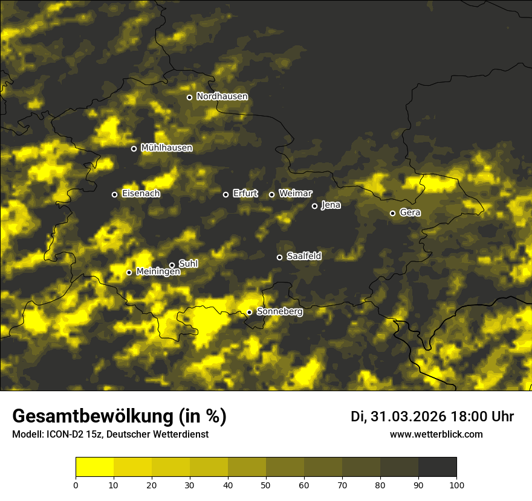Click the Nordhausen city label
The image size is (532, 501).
click(x=222, y=97)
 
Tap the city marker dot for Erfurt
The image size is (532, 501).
click(x=226, y=194)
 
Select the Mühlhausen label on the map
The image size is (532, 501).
click(x=166, y=148)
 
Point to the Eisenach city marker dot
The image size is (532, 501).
click(x=114, y=194)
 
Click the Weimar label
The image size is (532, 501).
click(x=295, y=194)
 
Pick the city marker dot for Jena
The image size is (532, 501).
click(x=314, y=206)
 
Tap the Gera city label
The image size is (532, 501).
click(x=410, y=213)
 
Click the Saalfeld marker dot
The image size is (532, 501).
click(x=279, y=257)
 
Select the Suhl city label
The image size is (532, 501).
click(x=188, y=264)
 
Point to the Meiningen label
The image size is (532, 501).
click(x=158, y=272)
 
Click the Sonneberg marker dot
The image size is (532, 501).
click(x=249, y=312)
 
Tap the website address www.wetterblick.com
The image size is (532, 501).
click(x=436, y=435)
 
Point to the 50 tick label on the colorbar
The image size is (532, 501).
click(x=266, y=485)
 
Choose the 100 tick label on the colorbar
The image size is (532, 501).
click(x=456, y=485)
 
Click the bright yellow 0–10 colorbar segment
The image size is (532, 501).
click(x=95, y=467)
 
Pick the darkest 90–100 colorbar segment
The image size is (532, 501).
click(x=437, y=467)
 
